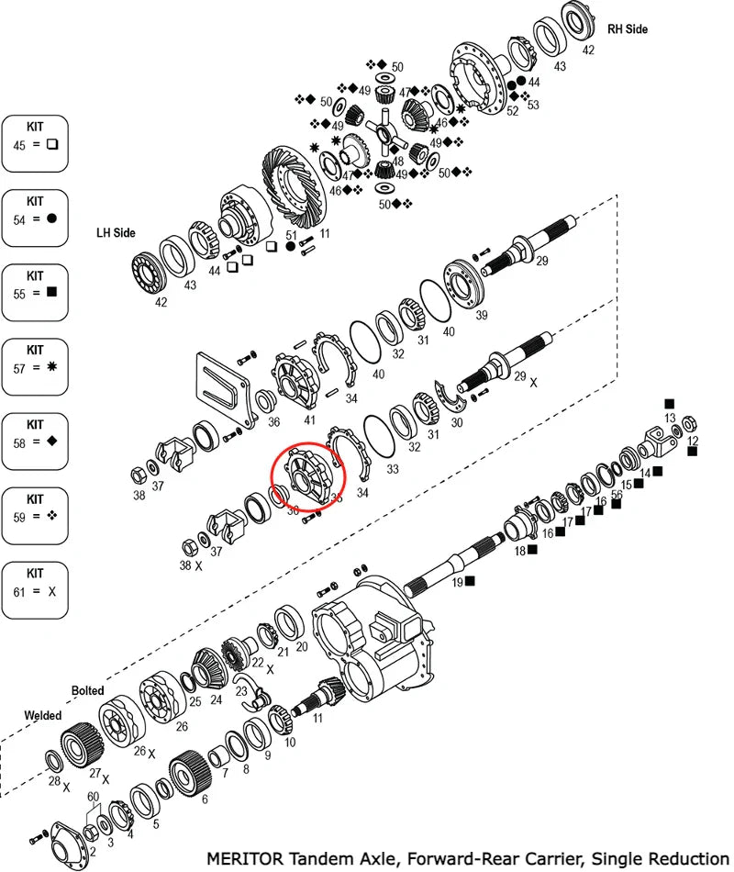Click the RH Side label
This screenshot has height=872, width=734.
coord(628,29)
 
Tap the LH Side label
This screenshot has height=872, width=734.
coord(116,233)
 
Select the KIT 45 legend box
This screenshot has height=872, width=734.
coord(35,143)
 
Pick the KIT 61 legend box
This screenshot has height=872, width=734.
coord(35,590)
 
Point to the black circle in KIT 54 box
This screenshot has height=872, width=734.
coord(52,218)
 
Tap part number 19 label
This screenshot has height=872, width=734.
coord(456,581)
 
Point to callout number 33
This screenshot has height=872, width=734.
coord(393,468)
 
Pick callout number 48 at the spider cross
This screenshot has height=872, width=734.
coord(396,162)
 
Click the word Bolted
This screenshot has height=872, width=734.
coord(88,690)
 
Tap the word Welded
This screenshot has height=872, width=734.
coord(43,715)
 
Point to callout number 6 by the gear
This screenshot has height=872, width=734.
coord(204,799)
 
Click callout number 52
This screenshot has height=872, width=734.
coord(512,110)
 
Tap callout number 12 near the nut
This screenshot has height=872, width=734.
coord(693,441)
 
